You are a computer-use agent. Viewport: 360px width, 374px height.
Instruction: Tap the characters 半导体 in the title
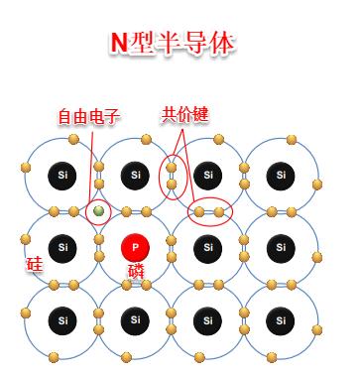[199, 43]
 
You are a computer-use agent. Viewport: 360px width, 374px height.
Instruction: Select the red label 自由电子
[87, 117]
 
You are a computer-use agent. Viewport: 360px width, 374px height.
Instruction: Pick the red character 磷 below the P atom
[135, 271]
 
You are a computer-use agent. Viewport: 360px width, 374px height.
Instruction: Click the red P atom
[135, 247]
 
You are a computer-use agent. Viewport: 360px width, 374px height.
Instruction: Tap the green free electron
[99, 211]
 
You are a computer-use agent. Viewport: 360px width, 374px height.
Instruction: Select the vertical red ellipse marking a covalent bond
[172, 175]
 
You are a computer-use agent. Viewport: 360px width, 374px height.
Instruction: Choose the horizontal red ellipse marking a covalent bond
[209, 211]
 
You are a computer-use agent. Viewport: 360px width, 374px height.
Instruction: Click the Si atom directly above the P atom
[135, 176]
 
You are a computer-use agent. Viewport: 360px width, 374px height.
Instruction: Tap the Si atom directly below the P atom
[135, 320]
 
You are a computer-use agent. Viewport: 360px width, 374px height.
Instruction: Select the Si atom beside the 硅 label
[62, 247]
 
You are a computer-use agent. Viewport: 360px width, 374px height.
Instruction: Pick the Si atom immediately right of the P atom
[207, 247]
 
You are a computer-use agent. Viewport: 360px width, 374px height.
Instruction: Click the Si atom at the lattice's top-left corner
[62, 176]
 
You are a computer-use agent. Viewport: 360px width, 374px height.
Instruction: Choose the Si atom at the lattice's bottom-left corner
[62, 320]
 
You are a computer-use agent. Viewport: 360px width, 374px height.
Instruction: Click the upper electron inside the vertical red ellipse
[172, 167]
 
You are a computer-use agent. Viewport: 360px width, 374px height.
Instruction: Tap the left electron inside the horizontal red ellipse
[199, 211]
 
